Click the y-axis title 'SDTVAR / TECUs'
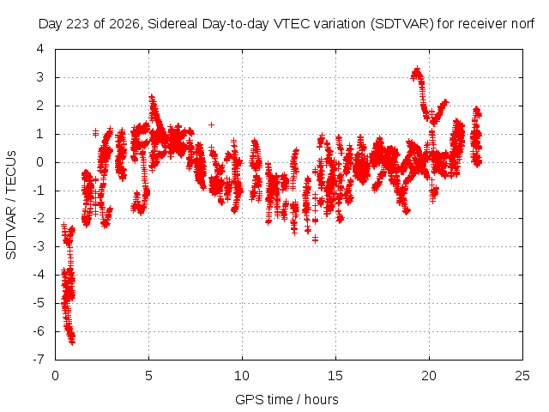tap(11, 205)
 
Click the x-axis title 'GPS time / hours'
tap(287, 399)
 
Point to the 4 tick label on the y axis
tap(40, 49)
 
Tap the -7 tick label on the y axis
tap(38, 359)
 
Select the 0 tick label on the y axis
tap(40, 162)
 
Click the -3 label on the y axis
tap(38, 246)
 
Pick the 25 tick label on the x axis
tap(522, 376)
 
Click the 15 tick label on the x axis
tap(335, 376)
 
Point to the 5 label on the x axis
tap(148, 376)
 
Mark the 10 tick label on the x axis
tap(242, 376)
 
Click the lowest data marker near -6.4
tap(72, 342)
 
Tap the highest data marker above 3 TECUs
tap(417, 69)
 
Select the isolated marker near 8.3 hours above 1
tap(211, 124)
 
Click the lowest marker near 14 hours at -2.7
tap(315, 239)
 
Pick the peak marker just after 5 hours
tap(152, 96)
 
